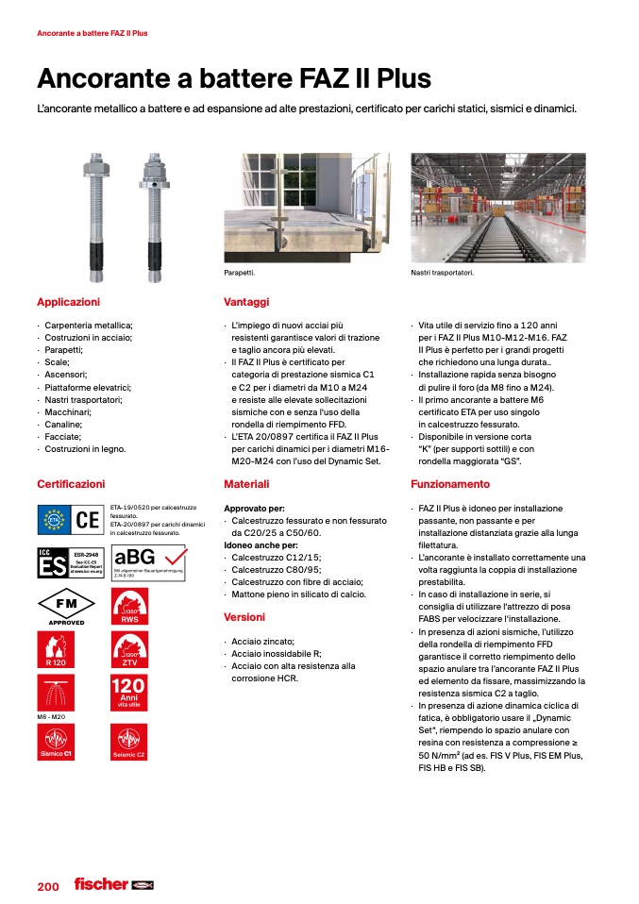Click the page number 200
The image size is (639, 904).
pyautogui.click(x=48, y=886)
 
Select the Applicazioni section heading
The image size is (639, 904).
pyautogui.click(x=68, y=302)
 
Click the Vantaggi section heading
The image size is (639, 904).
pyautogui.click(x=246, y=302)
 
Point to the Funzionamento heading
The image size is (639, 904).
pyautogui.click(x=450, y=484)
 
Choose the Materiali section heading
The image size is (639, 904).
pyautogui.click(x=246, y=484)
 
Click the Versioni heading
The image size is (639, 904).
pyautogui.click(x=244, y=617)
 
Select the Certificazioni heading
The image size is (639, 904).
pyautogui.click(x=71, y=484)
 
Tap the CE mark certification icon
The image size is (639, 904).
pyautogui.click(x=88, y=519)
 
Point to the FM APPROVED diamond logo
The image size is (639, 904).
pyautogui.click(x=66, y=608)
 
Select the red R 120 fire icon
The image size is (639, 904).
pyautogui.click(x=54, y=651)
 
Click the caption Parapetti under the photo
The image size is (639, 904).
pyautogui.click(x=240, y=273)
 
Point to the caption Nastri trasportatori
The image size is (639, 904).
pyautogui.click(x=442, y=273)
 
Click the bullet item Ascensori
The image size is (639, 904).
pyautogui.click(x=65, y=375)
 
